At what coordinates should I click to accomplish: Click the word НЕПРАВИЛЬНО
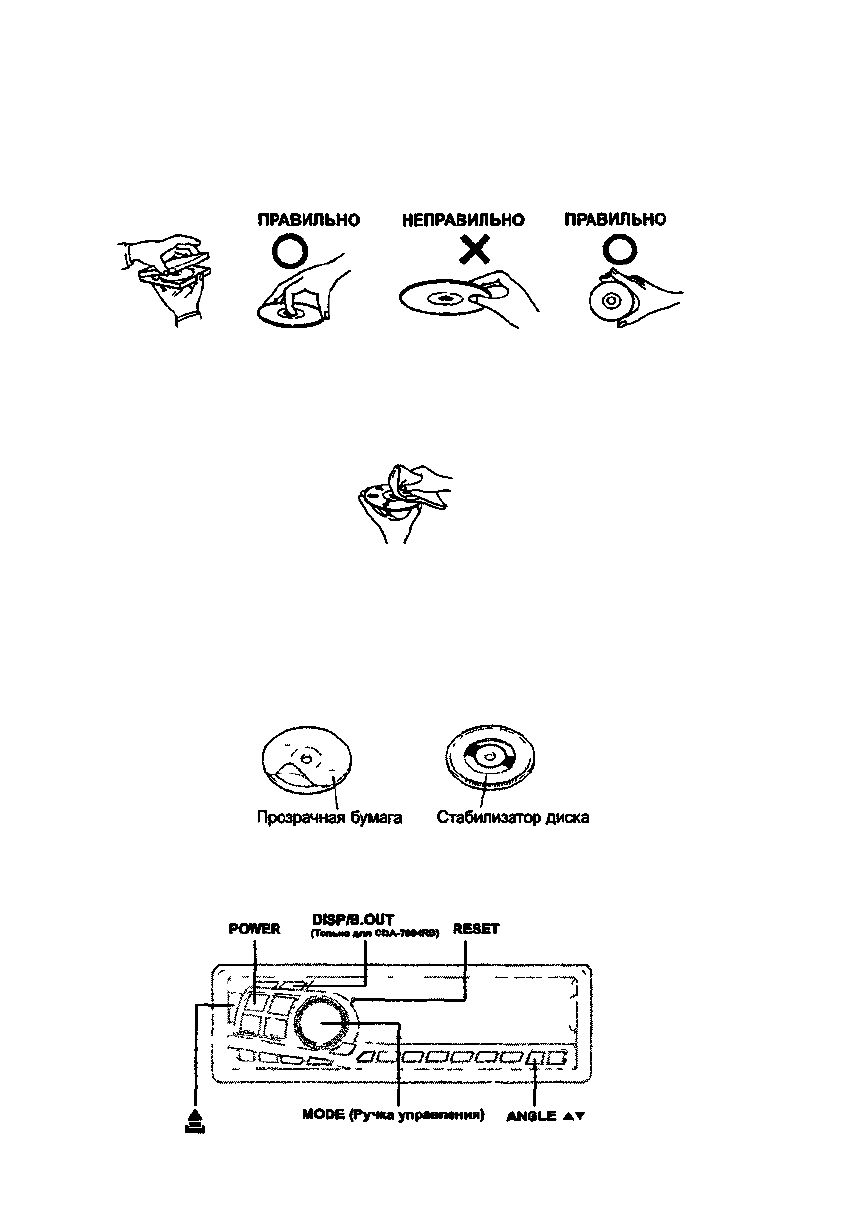coord(462,220)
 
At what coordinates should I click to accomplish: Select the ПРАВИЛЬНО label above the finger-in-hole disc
coord(309,220)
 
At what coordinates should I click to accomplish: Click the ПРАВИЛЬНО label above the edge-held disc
coord(615,220)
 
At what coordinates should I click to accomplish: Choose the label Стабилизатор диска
coord(513,818)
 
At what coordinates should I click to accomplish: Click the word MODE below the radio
coord(323,1115)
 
